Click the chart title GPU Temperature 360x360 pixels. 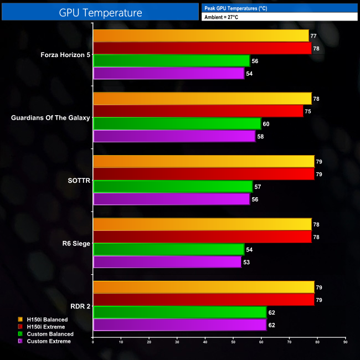[100, 12]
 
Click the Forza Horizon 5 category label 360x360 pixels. [65, 55]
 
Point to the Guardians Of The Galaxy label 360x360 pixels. [50, 118]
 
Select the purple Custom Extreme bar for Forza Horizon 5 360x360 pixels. [168, 73]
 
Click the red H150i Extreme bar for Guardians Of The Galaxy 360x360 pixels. [198, 111]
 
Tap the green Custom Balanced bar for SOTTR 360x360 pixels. [172, 187]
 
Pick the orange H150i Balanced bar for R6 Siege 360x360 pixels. [202, 224]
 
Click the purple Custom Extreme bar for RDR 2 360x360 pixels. [179, 325]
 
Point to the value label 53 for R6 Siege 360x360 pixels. [246, 262]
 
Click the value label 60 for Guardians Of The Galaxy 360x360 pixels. [266, 124]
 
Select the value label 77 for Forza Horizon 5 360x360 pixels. [314, 36]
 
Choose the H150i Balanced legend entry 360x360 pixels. [47, 320]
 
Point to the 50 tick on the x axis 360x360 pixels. [233, 342]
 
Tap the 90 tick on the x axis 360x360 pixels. [346, 342]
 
